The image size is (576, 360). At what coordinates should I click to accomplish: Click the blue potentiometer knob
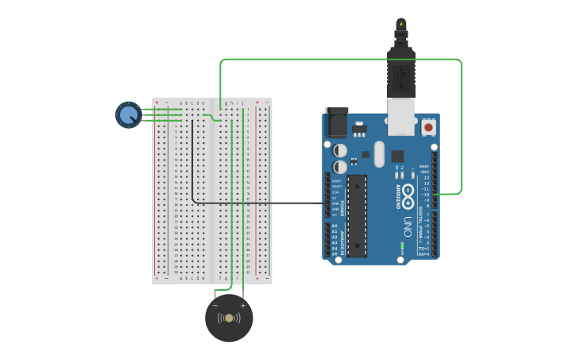(129, 114)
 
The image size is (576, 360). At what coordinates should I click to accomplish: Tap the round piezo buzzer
(229, 318)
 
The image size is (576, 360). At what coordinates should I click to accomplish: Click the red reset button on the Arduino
(428, 126)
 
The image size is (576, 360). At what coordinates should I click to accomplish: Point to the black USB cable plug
(401, 72)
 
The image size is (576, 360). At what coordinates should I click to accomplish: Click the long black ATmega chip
(357, 215)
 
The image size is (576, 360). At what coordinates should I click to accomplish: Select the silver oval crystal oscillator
(379, 153)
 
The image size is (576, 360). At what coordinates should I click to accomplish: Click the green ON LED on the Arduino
(402, 248)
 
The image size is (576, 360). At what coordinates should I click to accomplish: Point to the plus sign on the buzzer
(243, 305)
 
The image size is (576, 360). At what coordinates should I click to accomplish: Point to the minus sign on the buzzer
(215, 305)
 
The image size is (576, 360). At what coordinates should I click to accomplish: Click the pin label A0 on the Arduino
(334, 226)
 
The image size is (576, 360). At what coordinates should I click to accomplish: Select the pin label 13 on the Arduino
(426, 177)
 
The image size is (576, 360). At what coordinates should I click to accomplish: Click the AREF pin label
(424, 167)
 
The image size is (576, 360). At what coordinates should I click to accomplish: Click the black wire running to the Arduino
(262, 203)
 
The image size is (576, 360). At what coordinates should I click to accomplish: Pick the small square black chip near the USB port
(397, 156)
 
